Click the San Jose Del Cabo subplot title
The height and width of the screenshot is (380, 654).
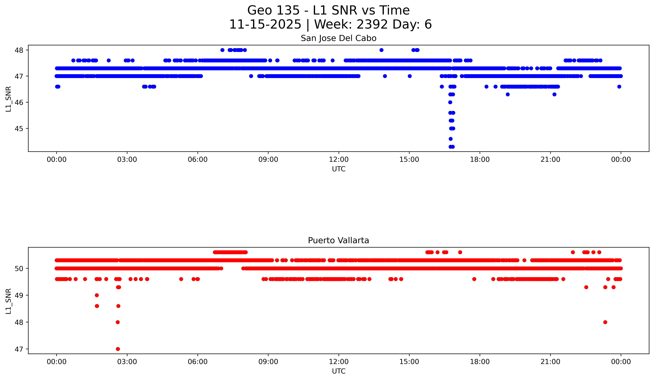coord(338,38)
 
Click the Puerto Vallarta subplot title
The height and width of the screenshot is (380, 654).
coord(338,241)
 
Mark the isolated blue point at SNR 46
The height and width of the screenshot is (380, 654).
coord(450,102)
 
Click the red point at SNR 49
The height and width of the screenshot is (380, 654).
coord(97,295)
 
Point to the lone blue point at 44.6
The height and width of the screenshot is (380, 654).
coord(450,139)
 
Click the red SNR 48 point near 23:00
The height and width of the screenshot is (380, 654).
coord(605,322)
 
